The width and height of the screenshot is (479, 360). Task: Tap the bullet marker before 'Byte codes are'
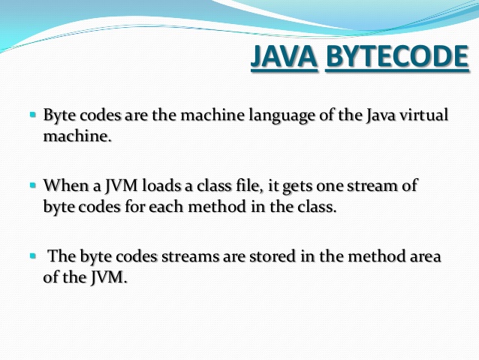pyautogui.click(x=33, y=116)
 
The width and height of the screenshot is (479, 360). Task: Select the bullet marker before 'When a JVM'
pyautogui.click(x=33, y=184)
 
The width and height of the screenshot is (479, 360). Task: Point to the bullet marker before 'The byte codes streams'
pyautogui.click(x=33, y=256)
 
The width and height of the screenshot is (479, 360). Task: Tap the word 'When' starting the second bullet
pyautogui.click(x=62, y=185)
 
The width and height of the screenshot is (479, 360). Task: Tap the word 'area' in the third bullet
pyautogui.click(x=425, y=257)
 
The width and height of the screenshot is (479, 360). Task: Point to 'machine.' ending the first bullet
pyautogui.click(x=78, y=138)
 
